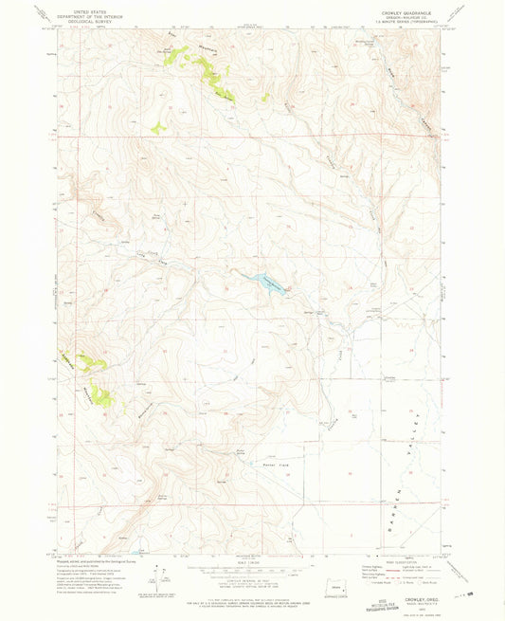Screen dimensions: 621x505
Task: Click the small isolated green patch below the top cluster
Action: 159,126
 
